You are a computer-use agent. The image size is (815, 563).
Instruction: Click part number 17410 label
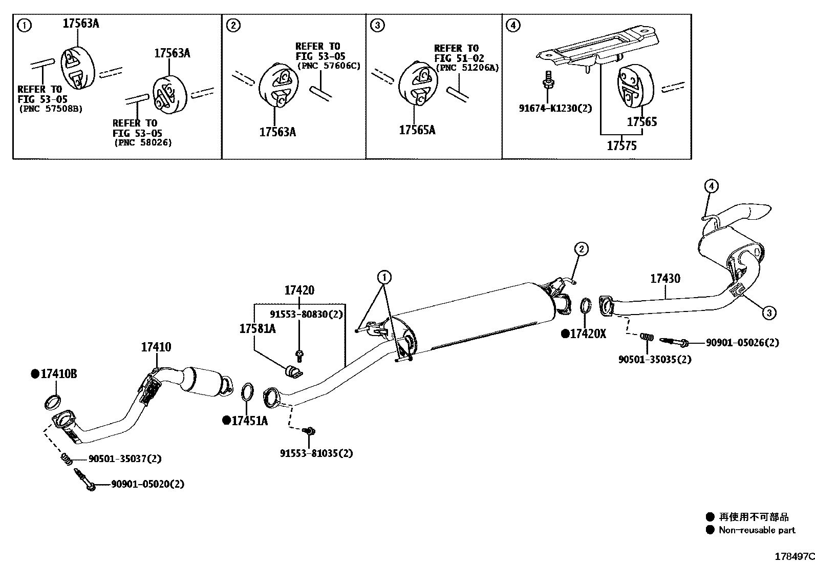pos(156,347)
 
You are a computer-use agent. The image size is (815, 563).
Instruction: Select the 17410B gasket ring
pos(53,402)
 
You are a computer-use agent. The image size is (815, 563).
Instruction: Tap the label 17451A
pos(249,421)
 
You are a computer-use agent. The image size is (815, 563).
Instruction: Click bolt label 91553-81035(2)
pos(316,453)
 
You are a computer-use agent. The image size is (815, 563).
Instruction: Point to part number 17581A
pos(257,329)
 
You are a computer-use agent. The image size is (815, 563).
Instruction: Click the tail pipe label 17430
pos(665,279)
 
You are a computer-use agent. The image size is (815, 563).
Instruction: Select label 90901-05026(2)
pos(742,343)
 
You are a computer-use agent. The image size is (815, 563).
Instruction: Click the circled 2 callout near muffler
pos(581,249)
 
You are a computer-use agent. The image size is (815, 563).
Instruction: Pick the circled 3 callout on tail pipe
pos(769,312)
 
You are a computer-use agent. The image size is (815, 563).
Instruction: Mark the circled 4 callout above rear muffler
pos(712,186)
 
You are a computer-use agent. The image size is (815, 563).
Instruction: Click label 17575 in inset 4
pos(621,146)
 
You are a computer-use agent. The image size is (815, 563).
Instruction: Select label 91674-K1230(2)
pos(555,108)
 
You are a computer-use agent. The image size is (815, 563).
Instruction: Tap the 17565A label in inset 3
pos(417,130)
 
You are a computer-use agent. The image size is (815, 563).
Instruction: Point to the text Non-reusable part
pos(757,530)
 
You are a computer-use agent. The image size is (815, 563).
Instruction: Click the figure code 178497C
pos(793,556)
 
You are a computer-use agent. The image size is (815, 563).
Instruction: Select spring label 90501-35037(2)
pos(125,459)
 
